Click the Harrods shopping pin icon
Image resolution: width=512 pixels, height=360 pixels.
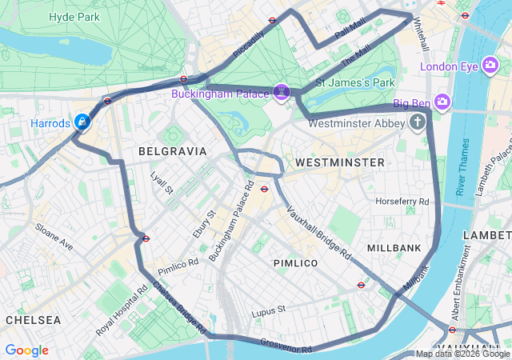pyautogui.click(x=82, y=122)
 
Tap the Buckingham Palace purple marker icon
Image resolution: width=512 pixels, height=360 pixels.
pyautogui.click(x=281, y=93)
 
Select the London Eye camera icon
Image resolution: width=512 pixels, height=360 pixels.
pyautogui.click(x=491, y=66)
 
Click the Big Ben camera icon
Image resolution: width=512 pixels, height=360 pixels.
pyautogui.click(x=442, y=102)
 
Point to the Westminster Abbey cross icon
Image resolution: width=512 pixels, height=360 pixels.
pyautogui.click(x=417, y=123)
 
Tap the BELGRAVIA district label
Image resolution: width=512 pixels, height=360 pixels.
pyautogui.click(x=172, y=150)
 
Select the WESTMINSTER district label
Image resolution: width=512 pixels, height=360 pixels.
pyautogui.click(x=339, y=162)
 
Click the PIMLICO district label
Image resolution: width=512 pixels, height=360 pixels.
pyautogui.click(x=295, y=263)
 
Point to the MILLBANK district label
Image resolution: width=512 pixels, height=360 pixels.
pyautogui.click(x=394, y=249)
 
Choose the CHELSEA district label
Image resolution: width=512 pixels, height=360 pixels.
pyautogui.click(x=33, y=319)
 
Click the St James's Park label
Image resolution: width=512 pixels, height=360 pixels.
pyautogui.click(x=355, y=82)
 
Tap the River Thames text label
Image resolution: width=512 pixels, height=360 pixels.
pyautogui.click(x=462, y=167)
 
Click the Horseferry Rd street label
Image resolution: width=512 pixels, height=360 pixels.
pyautogui.click(x=402, y=201)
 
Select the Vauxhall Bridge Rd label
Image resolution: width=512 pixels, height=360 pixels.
pyautogui.click(x=319, y=231)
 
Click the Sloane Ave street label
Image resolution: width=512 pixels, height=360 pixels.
pyautogui.click(x=54, y=237)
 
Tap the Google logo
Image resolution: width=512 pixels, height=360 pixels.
pyautogui.click(x=26, y=350)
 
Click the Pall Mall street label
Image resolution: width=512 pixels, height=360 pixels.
pyautogui.click(x=350, y=31)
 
